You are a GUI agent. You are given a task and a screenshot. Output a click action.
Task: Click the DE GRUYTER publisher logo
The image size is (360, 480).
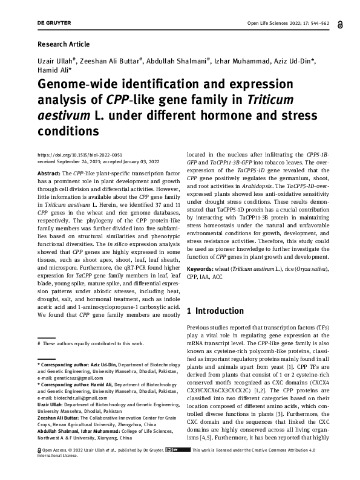[54, 23]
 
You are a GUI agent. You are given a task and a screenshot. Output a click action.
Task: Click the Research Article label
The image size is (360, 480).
[64, 44]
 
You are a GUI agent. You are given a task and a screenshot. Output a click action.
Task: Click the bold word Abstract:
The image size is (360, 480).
[50, 173]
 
